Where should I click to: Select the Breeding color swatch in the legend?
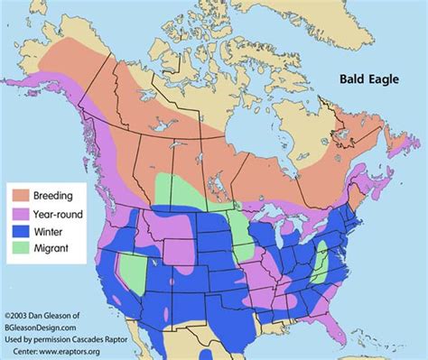(x=20, y=194)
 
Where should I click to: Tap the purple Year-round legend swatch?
(x=20, y=212)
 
